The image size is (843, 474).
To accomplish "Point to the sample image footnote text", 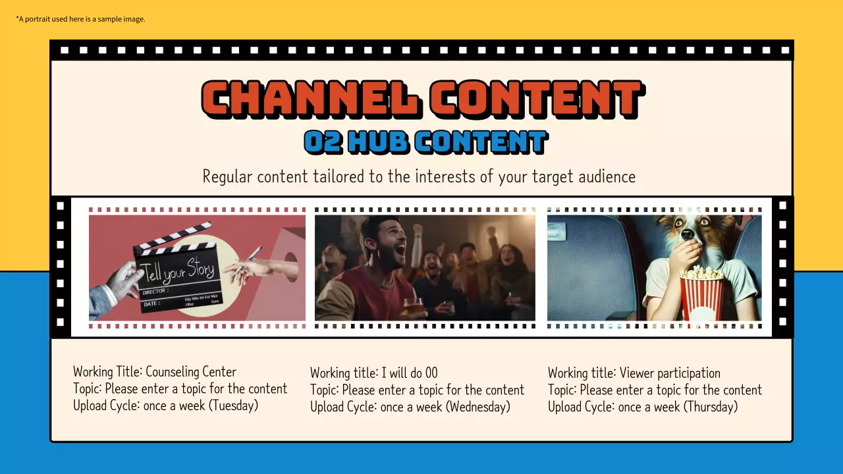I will coord(80,19).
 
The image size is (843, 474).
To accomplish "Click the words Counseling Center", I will coord(190,372).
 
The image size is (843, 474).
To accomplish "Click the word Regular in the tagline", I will coord(227,176).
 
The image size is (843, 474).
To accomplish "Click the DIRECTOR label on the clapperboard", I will coord(154,290).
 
